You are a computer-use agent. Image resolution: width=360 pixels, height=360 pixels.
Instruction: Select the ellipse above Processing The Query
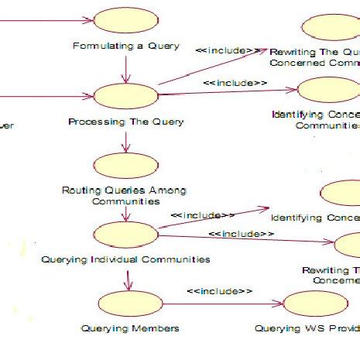click(125, 96)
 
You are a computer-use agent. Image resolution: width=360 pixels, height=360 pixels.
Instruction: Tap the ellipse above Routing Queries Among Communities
click(125, 166)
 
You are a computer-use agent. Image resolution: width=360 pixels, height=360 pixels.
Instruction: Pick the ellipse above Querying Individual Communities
click(125, 234)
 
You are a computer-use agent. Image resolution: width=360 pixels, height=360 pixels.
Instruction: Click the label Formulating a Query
click(126, 46)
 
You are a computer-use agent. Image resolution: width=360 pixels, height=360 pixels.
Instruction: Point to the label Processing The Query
click(125, 122)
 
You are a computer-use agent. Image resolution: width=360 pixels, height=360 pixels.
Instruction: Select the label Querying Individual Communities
click(125, 259)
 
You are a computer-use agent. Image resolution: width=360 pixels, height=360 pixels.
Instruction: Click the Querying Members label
click(130, 328)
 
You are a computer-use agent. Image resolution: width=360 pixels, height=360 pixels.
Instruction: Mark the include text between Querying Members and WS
click(221, 291)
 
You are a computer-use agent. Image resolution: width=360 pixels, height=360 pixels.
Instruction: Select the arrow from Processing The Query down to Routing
click(125, 141)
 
